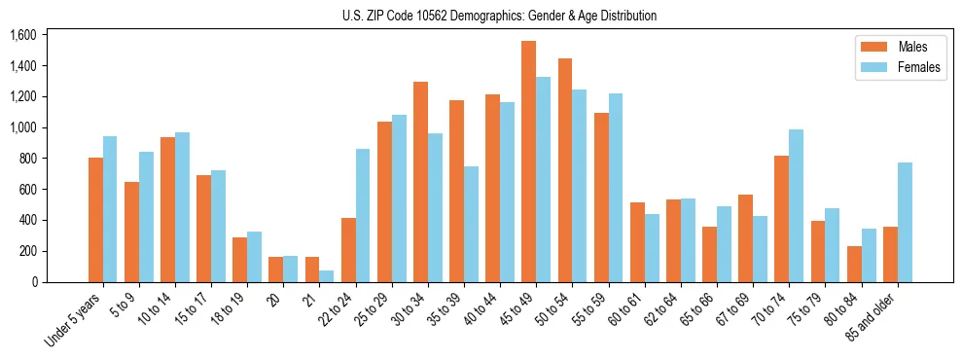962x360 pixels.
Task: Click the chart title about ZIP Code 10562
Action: [x=499, y=16]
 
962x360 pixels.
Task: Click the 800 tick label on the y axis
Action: [x=26, y=159]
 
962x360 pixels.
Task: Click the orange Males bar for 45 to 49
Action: [x=528, y=162]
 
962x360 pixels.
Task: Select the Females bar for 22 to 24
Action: [x=363, y=215]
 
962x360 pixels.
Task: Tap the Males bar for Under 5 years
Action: [x=95, y=220]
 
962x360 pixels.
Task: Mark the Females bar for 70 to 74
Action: [x=796, y=205]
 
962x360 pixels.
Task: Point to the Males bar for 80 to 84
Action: [x=854, y=264]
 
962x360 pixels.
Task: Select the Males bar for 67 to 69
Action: [x=745, y=238]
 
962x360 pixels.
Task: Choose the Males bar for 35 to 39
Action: [x=456, y=191]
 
